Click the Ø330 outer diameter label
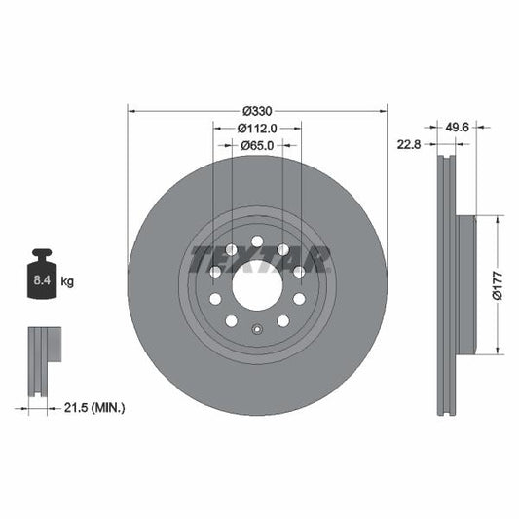[x=257, y=109]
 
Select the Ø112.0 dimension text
[x=258, y=128]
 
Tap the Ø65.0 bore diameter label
[x=258, y=146]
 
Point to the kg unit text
[x=68, y=281]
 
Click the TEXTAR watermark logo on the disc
[x=258, y=259]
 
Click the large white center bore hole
[x=257, y=286]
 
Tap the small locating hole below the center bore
[x=257, y=328]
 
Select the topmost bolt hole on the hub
[x=257, y=241]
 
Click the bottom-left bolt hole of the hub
[x=232, y=321]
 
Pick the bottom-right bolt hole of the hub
[x=282, y=321]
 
